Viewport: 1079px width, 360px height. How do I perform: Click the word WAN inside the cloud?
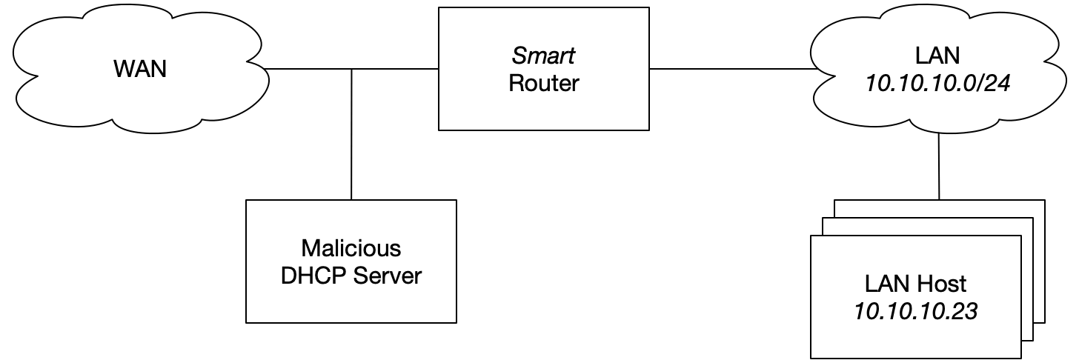coord(140,70)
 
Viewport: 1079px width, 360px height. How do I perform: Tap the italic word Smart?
coord(543,56)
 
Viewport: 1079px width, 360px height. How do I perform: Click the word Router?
coord(543,83)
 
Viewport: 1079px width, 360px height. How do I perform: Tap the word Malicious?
coord(351,247)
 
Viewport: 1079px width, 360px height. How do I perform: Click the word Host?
coord(943,284)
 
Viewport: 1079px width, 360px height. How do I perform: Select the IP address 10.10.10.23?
coord(916,312)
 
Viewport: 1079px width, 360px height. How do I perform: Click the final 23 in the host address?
coord(966,312)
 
